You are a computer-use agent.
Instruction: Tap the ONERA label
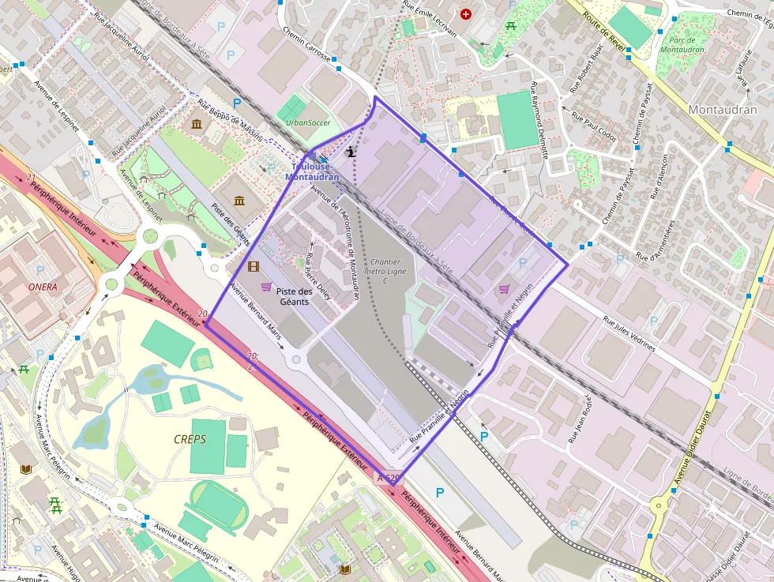[x=43, y=287]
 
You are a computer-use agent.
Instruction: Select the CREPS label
[x=190, y=438]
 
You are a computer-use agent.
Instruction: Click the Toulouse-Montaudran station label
[x=315, y=171]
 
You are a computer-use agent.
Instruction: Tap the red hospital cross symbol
[x=466, y=14]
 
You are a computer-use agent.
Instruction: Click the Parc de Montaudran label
[x=680, y=45]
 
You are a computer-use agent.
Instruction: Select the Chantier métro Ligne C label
[x=385, y=271]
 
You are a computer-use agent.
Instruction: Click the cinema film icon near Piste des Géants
[x=254, y=267]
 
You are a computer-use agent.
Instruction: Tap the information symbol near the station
[x=351, y=151]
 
